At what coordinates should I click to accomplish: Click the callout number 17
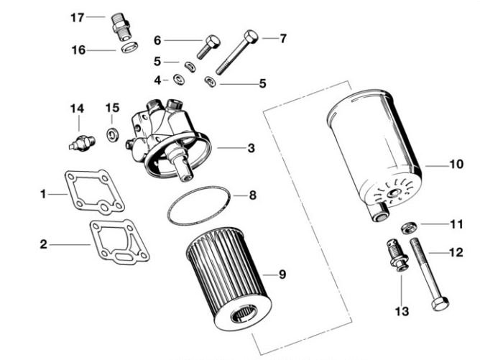tap(77, 17)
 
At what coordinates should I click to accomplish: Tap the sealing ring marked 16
tap(130, 48)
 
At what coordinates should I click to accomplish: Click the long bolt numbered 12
tap(424, 273)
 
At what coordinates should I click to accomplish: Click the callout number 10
tap(456, 165)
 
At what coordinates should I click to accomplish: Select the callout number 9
tap(282, 274)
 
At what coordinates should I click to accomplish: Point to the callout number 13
tap(401, 310)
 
